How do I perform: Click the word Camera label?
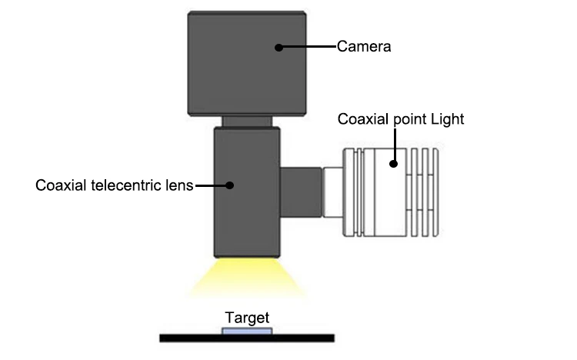pos(364,47)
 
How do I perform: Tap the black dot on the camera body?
pos(279,47)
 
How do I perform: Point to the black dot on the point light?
pos(394,162)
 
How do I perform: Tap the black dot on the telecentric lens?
pos(228,185)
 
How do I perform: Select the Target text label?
pos(246,317)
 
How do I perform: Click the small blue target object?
pos(246,330)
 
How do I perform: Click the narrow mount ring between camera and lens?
pos(246,121)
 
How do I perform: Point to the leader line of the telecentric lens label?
pos(211,185)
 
